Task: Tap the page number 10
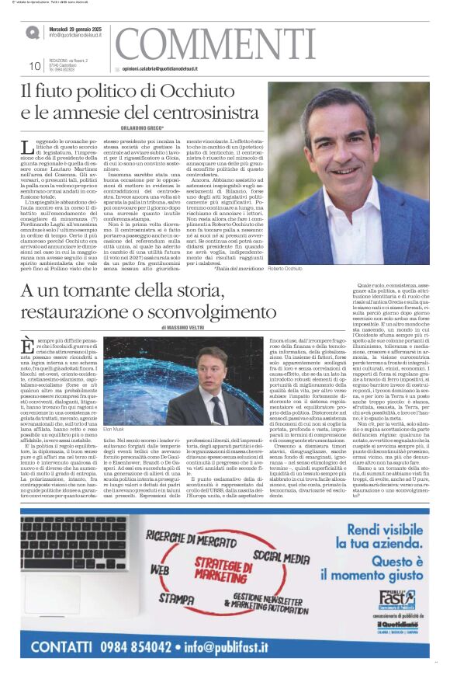[34, 66]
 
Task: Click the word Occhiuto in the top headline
[208, 92]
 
